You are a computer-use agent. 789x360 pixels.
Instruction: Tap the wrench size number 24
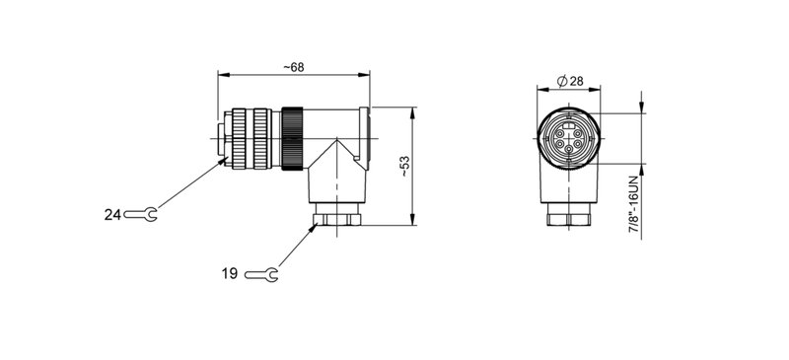[x=112, y=214]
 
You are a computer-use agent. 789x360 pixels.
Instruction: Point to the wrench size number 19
[x=230, y=273]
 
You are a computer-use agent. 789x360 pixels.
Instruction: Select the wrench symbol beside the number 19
[x=261, y=273]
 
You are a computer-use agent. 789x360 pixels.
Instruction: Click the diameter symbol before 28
[x=560, y=79]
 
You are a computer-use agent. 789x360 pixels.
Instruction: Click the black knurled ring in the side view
[x=293, y=138]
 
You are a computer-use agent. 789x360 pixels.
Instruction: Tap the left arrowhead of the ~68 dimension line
[x=222, y=74]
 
